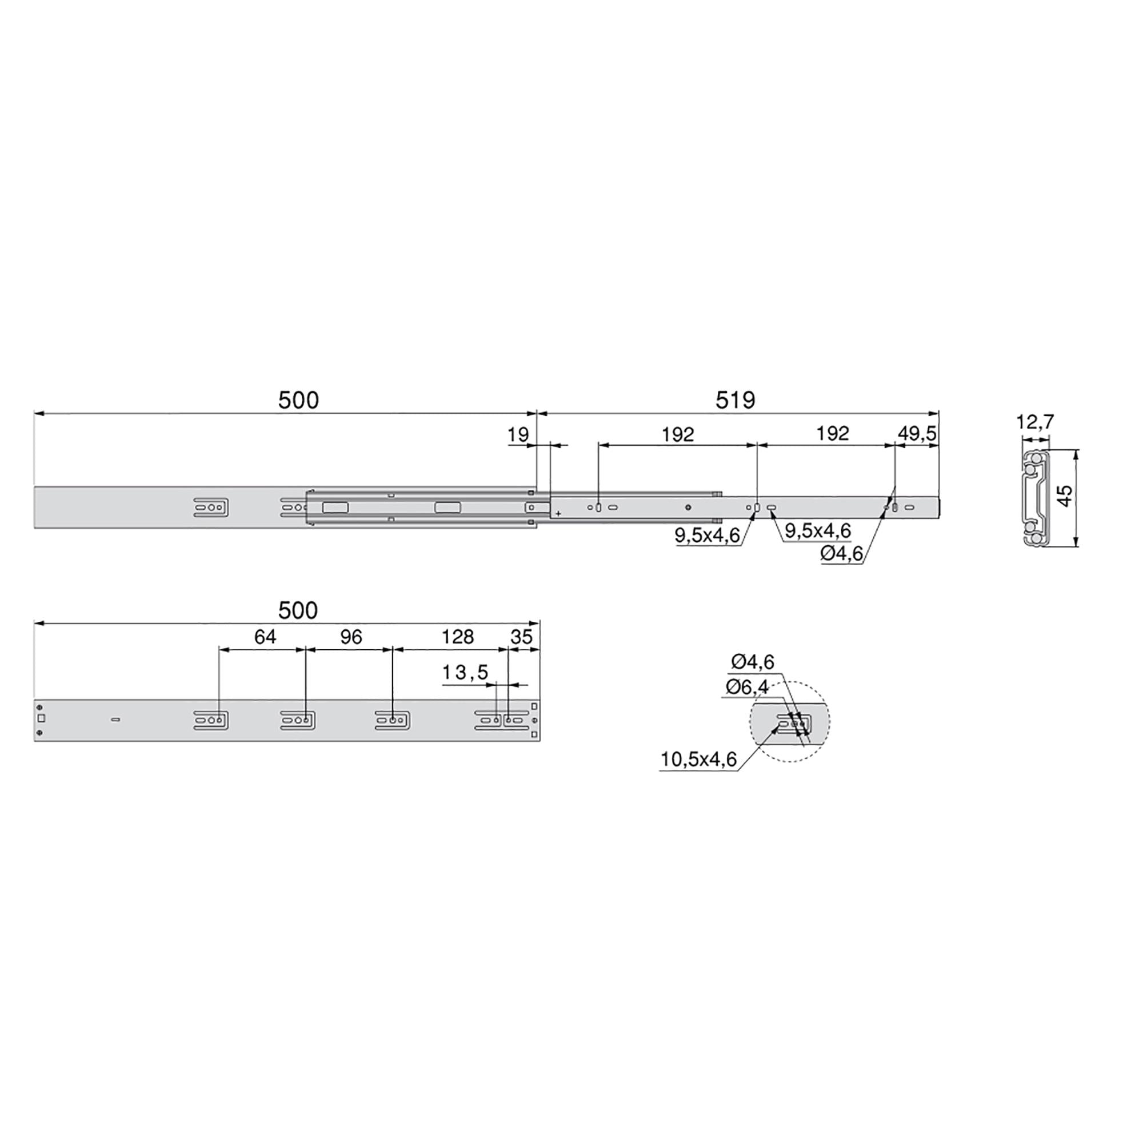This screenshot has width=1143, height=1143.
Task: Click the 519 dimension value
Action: click(735, 401)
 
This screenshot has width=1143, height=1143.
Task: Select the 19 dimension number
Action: click(518, 435)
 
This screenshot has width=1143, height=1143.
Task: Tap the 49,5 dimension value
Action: click(917, 434)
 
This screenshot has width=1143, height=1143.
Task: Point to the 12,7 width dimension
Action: click(1035, 422)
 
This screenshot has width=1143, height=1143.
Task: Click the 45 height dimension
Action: click(1064, 495)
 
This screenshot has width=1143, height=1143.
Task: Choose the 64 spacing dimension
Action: click(265, 637)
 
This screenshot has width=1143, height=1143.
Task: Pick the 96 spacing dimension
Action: click(351, 637)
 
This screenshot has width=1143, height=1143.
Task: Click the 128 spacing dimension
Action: click(457, 637)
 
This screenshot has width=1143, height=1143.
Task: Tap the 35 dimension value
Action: click(521, 637)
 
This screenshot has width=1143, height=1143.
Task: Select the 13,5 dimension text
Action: click(465, 672)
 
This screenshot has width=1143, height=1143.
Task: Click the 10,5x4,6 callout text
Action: click(698, 760)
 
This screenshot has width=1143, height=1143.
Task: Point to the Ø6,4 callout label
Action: click(746, 687)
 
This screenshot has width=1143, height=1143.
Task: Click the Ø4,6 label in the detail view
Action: click(752, 661)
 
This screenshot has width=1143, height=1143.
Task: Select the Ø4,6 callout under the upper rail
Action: click(841, 554)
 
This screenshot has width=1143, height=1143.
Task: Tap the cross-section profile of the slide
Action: click(1034, 498)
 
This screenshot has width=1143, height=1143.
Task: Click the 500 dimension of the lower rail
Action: click(298, 610)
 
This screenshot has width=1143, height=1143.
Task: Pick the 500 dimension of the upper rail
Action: click(298, 401)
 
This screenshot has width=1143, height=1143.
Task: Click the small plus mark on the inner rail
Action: click(558, 514)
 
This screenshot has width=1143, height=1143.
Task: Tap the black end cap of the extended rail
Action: click(941, 507)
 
